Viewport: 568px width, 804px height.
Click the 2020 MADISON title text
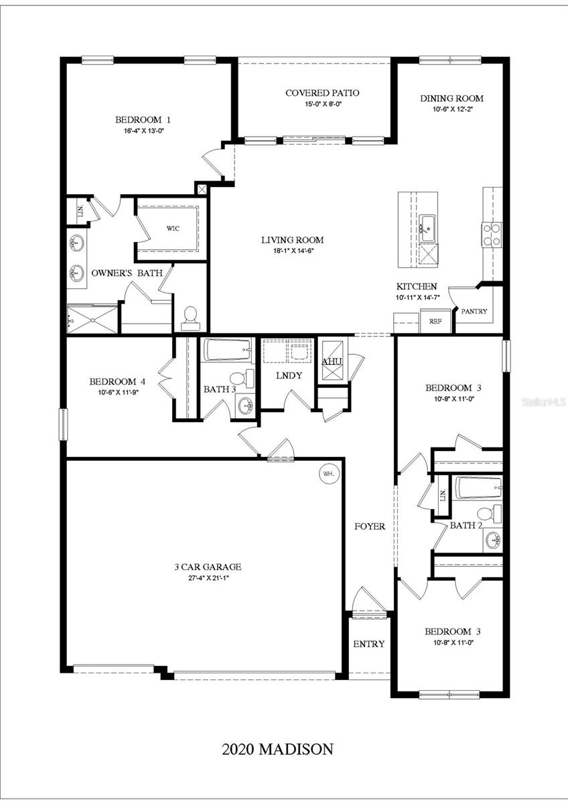coord(277,749)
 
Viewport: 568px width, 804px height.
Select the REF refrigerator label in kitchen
coord(435,322)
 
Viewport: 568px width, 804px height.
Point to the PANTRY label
coord(474,312)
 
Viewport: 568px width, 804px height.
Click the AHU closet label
coord(332,362)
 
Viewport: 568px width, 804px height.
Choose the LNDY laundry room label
coord(289,376)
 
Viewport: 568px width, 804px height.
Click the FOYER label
coord(370,527)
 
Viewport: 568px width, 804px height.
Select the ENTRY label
coord(369,644)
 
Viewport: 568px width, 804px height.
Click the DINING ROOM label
coord(451,98)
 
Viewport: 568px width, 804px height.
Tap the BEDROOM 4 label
coord(117,381)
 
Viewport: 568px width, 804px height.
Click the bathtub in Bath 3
coord(227,350)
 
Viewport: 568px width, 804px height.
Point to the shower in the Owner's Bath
coord(92,319)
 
